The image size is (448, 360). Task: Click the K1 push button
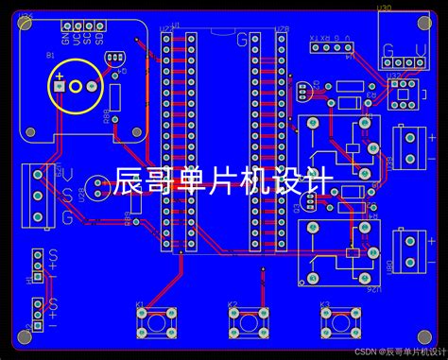coord(151,321)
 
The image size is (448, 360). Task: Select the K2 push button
coord(246,321)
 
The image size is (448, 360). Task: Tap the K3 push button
coord(337,321)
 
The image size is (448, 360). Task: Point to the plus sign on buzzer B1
coord(60,77)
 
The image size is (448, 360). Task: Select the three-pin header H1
coord(37,265)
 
